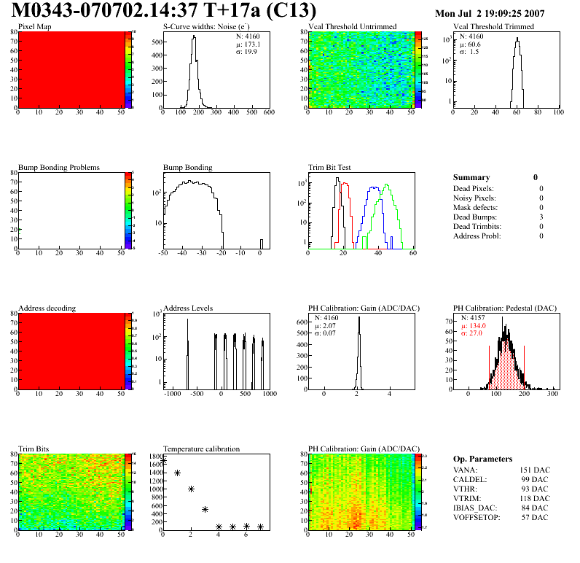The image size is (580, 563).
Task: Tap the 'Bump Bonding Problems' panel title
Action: point(59,168)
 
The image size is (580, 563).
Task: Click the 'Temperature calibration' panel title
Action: point(202,449)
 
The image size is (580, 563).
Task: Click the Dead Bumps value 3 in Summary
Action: point(541,217)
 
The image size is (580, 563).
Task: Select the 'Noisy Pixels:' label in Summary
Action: point(474,198)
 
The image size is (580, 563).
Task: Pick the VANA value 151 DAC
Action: point(536,470)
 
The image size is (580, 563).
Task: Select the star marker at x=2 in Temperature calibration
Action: point(191,489)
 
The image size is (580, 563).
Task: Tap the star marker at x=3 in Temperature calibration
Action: point(205,509)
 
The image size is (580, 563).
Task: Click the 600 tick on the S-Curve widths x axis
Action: point(269,113)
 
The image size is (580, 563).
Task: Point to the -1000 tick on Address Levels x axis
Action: point(173,394)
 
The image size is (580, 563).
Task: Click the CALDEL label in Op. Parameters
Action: point(470,479)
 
